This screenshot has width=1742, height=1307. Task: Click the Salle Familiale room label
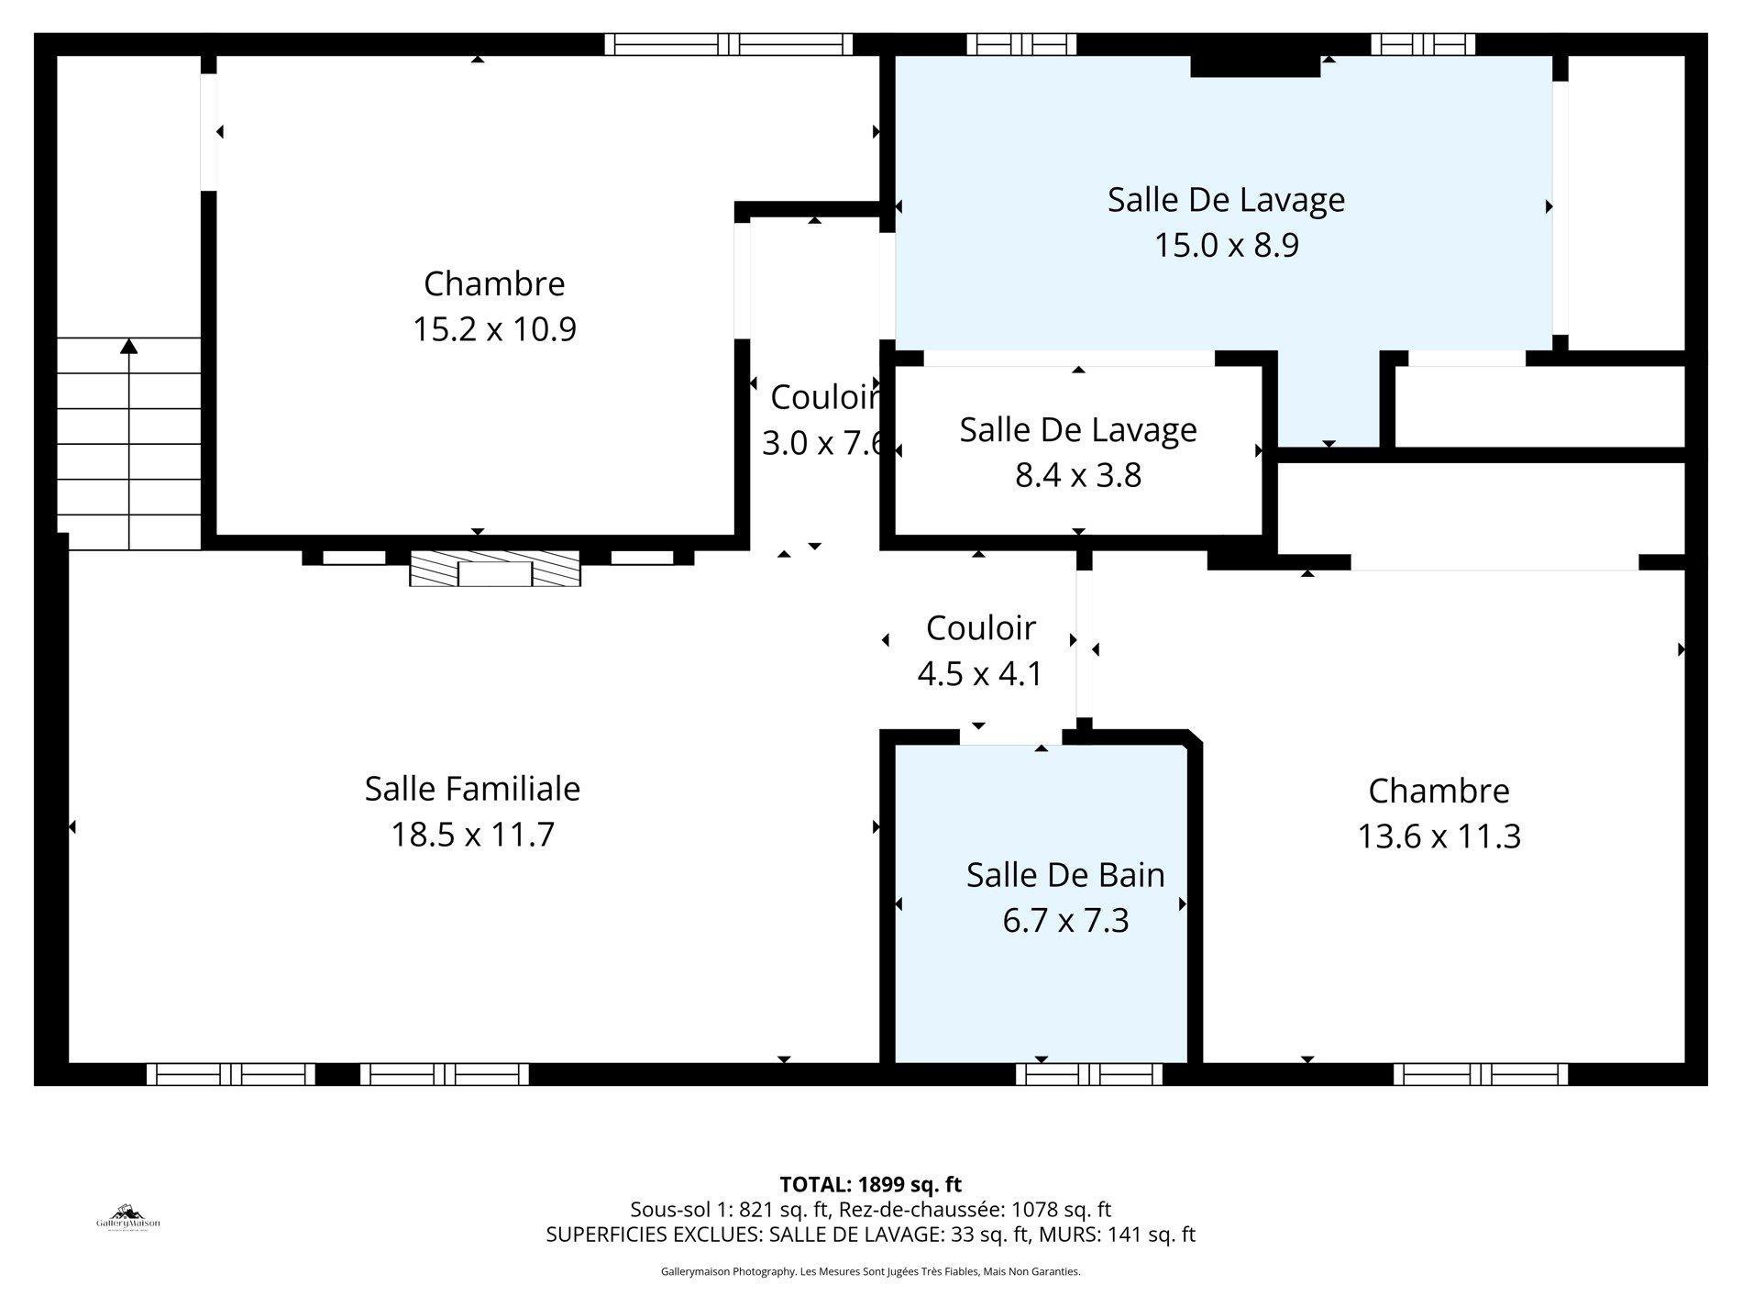click(x=472, y=789)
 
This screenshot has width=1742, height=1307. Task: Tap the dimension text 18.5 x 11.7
click(x=472, y=836)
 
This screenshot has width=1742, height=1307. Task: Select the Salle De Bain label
click(x=1065, y=875)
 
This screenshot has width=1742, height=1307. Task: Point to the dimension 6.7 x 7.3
click(x=1065, y=921)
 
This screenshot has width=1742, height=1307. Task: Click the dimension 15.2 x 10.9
click(x=494, y=329)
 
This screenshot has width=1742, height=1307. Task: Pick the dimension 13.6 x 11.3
click(x=1439, y=837)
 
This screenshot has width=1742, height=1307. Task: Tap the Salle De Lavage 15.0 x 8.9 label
click(x=1226, y=200)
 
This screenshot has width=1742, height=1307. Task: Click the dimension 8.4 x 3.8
click(x=1078, y=476)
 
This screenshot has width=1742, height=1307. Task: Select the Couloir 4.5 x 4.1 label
click(x=980, y=628)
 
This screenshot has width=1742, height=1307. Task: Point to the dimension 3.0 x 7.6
click(x=822, y=444)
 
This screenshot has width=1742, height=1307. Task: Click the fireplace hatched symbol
click(x=495, y=570)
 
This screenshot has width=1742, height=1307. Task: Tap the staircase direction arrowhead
click(x=129, y=346)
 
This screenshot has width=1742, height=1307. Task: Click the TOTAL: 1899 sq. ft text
click(x=870, y=1184)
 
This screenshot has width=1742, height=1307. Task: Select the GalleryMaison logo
click(x=128, y=1218)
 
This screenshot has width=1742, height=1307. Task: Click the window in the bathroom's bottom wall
click(x=1088, y=1074)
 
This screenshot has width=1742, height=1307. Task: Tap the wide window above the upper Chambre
click(x=729, y=44)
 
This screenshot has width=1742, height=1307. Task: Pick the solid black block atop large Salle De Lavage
click(x=1254, y=66)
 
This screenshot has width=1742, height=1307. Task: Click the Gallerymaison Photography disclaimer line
click(x=870, y=1272)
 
